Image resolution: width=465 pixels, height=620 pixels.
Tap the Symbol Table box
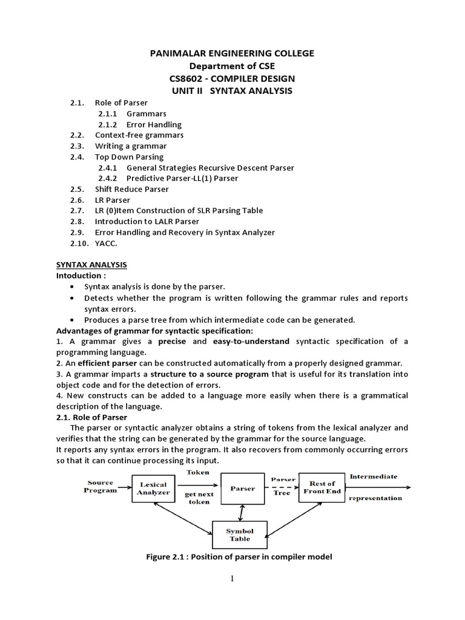pos(240,535)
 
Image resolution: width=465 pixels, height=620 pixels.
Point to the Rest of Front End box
pos(322,487)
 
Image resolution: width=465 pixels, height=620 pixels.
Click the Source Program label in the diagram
pos(101,486)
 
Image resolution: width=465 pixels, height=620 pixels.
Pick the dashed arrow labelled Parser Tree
pos(282,488)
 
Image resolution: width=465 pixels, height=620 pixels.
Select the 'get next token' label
pos(199,498)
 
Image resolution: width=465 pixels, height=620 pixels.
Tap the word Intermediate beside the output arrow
pos(374,477)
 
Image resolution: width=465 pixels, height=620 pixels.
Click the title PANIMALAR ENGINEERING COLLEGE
pos(232,53)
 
